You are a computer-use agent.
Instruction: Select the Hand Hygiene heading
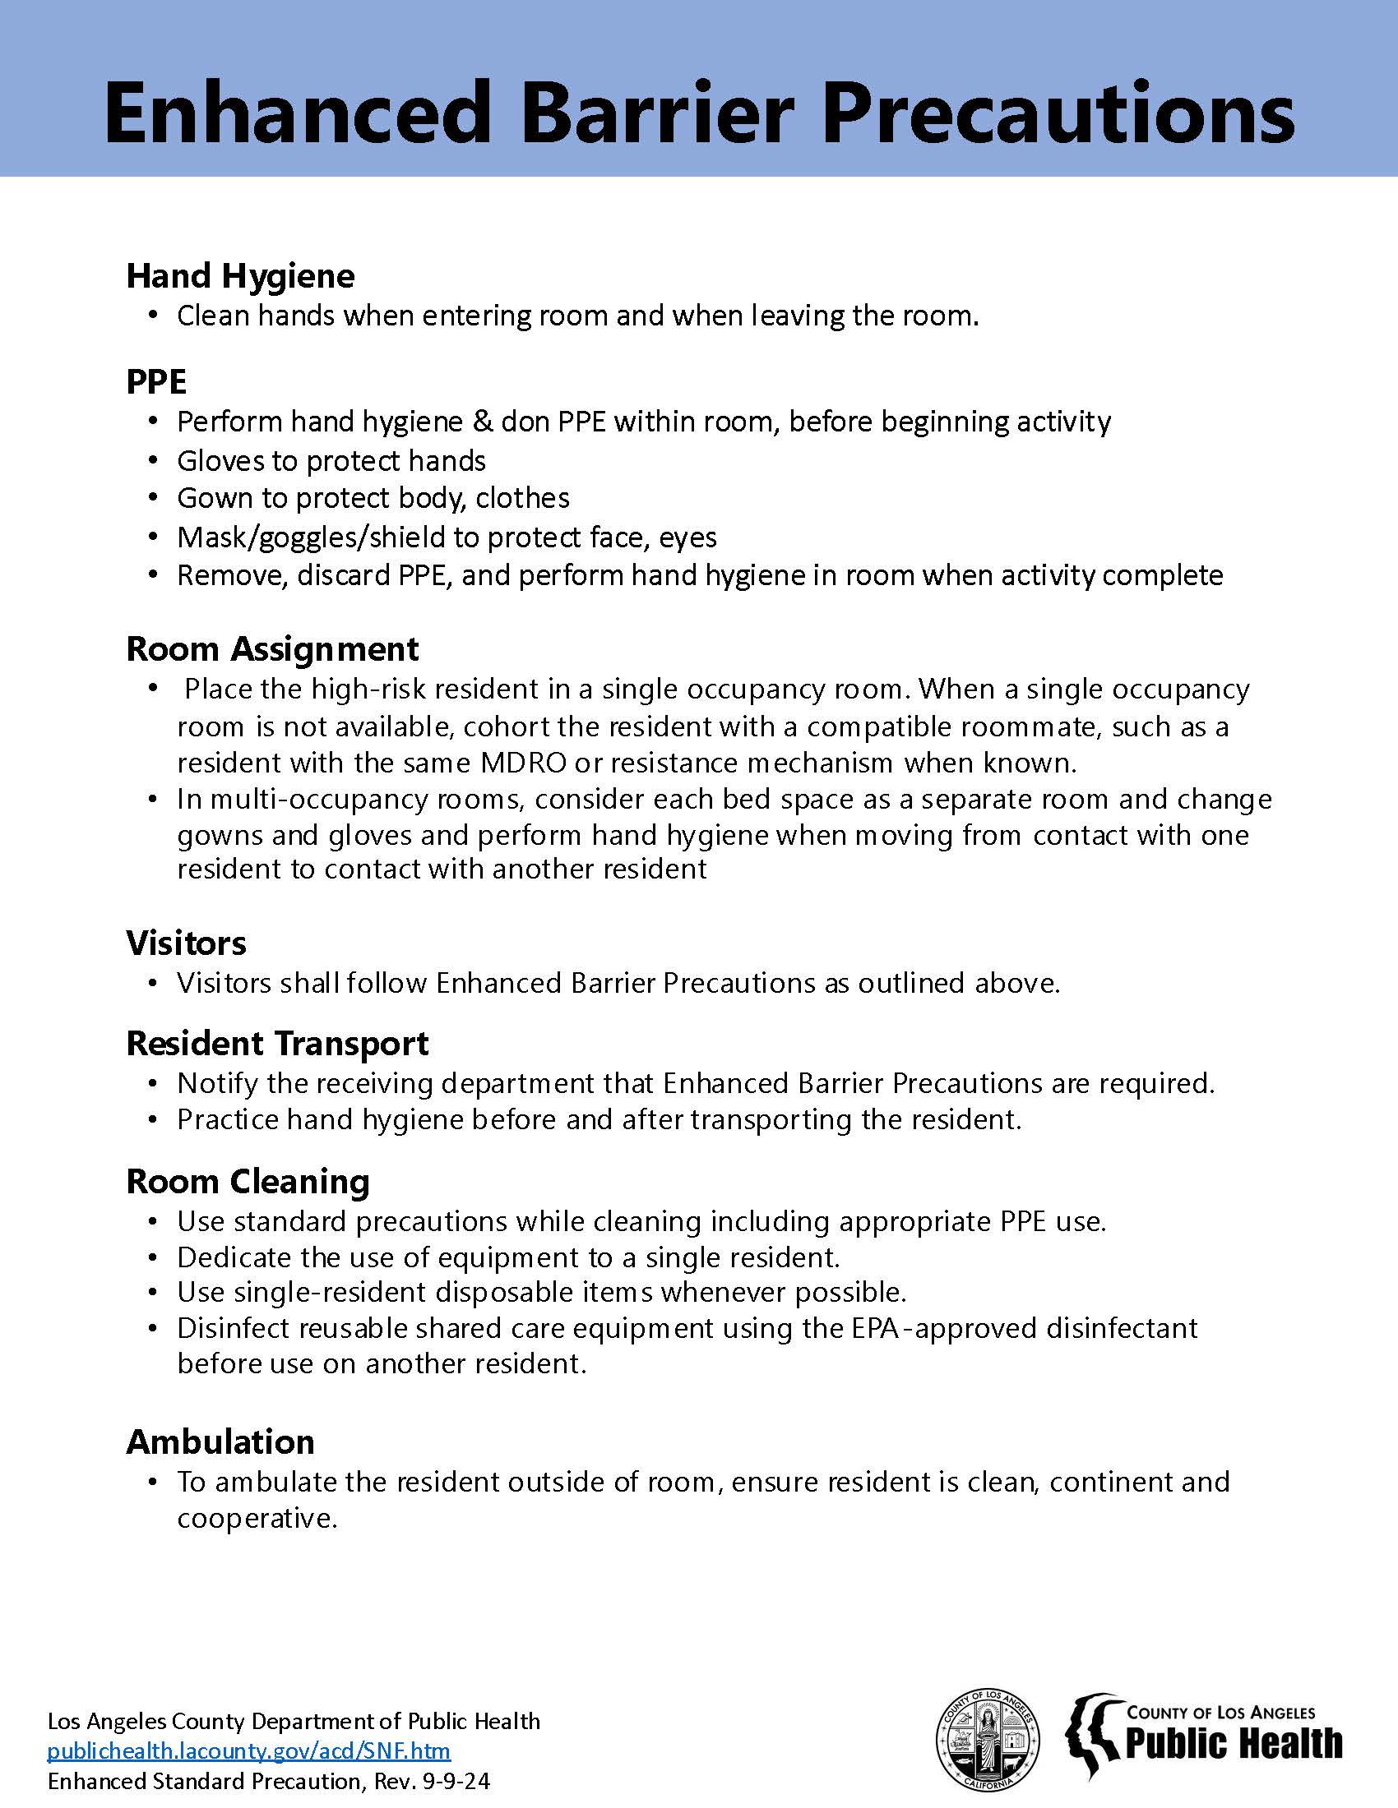click(x=240, y=275)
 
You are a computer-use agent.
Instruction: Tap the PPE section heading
click(x=156, y=381)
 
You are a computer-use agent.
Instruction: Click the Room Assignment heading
click(x=272, y=648)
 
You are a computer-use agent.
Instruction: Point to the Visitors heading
click(x=187, y=942)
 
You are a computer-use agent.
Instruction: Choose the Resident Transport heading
click(x=277, y=1043)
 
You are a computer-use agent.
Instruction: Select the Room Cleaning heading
click(x=248, y=1181)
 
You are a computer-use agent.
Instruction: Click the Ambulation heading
click(x=220, y=1441)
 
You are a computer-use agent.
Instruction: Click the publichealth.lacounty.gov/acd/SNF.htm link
click(x=248, y=1750)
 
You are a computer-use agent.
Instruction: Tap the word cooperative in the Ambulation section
click(x=257, y=1518)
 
